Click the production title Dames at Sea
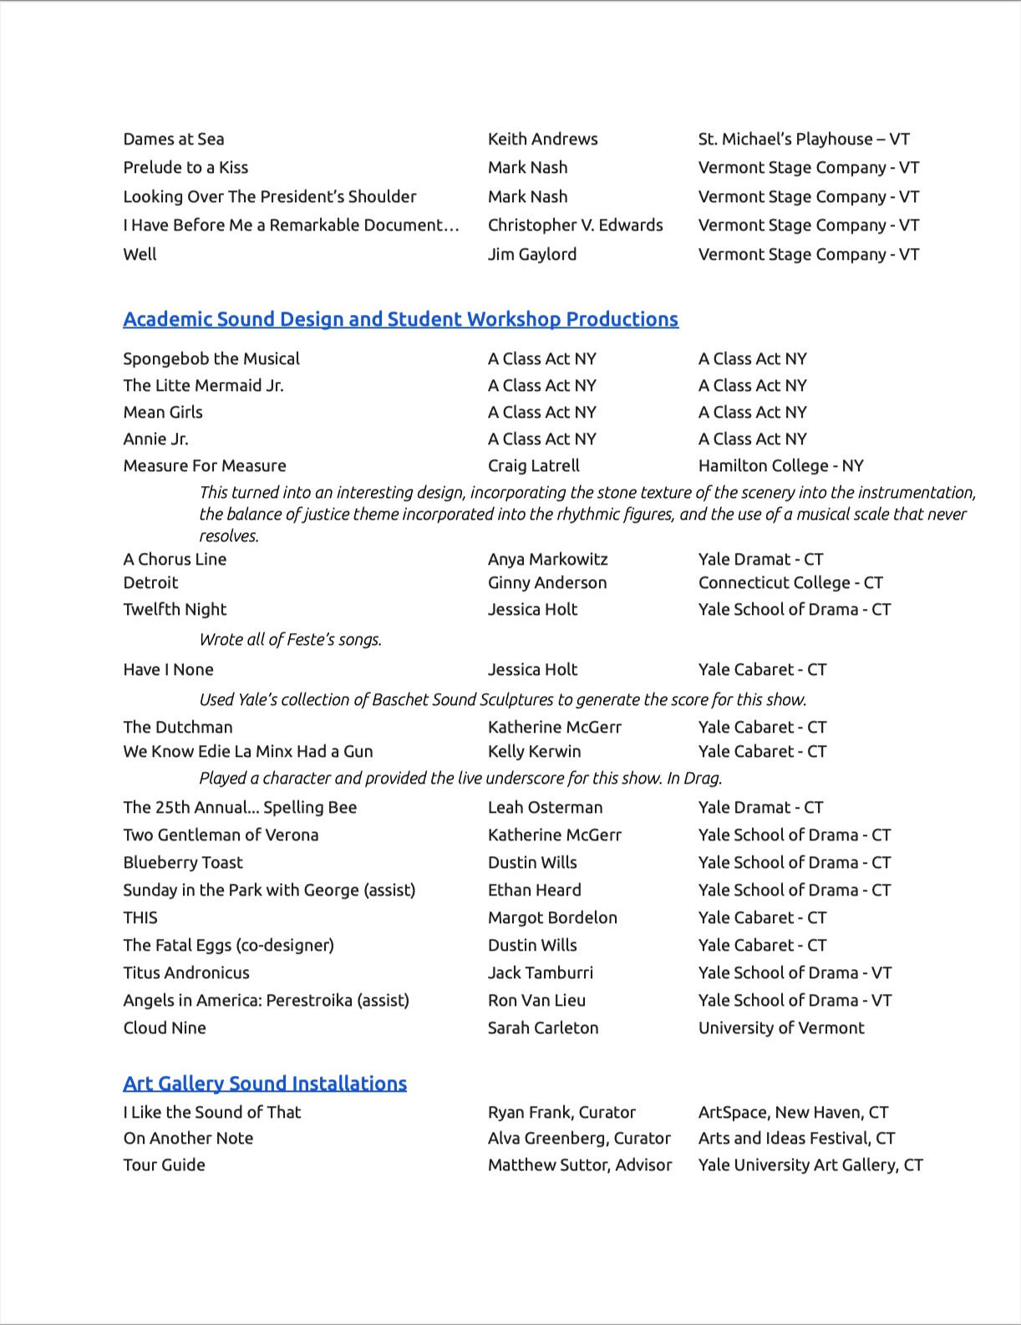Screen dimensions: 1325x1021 [x=174, y=140]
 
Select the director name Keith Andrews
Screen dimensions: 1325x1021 [x=543, y=140]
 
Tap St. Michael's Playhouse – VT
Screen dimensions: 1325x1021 [x=804, y=140]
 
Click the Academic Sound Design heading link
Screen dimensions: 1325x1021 [x=400, y=319]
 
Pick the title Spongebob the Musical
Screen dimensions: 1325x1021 [x=211, y=359]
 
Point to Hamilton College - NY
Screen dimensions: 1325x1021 [x=781, y=466]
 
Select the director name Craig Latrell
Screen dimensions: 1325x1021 [x=534, y=466]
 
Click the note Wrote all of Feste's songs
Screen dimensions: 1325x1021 [x=290, y=640]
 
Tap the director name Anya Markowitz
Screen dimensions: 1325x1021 [x=548, y=560]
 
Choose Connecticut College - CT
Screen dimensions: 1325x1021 [x=790, y=583]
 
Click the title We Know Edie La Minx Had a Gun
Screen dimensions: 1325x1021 [x=248, y=752]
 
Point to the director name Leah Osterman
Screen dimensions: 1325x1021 [x=546, y=808]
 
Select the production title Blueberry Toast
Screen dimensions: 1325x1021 [x=183, y=863]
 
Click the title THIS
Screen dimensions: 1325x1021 [x=140, y=918]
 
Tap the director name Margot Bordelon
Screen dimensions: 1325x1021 [x=552, y=918]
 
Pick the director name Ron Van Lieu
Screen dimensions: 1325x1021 [x=536, y=1001]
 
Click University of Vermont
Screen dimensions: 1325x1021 [x=781, y=1028]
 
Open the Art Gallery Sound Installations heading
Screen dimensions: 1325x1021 [x=265, y=1084]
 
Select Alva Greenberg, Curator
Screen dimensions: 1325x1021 [x=579, y=1139]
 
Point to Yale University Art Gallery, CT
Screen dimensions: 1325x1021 [x=810, y=1165]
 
